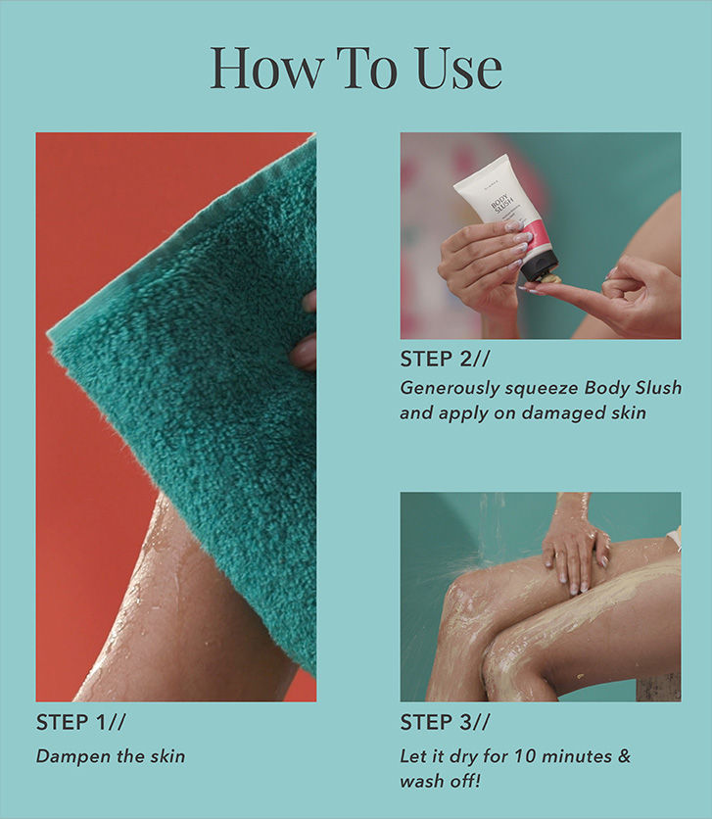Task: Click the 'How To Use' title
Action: pyautogui.click(x=356, y=69)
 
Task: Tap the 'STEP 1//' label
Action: pyautogui.click(x=81, y=724)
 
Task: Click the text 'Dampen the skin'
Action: pyautogui.click(x=111, y=756)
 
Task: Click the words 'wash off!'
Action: pyautogui.click(x=440, y=782)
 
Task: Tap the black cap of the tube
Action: pyautogui.click(x=540, y=265)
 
